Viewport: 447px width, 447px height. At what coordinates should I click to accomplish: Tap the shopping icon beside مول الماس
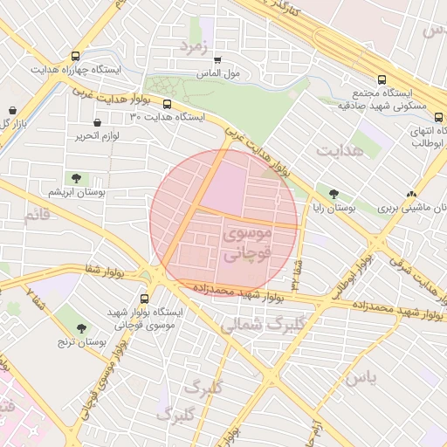point(217,60)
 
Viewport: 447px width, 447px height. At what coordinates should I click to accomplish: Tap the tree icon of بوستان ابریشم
point(77,178)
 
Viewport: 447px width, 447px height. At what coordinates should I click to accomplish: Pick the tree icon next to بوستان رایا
point(334,194)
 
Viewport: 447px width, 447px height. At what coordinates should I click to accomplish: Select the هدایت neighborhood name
point(338,152)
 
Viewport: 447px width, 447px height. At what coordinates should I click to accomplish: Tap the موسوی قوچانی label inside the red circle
point(249,244)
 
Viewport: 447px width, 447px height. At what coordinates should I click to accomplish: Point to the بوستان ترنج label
point(82,343)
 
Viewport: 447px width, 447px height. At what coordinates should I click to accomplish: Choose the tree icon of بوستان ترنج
point(81,328)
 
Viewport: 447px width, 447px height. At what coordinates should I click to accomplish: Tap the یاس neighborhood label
point(360,377)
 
